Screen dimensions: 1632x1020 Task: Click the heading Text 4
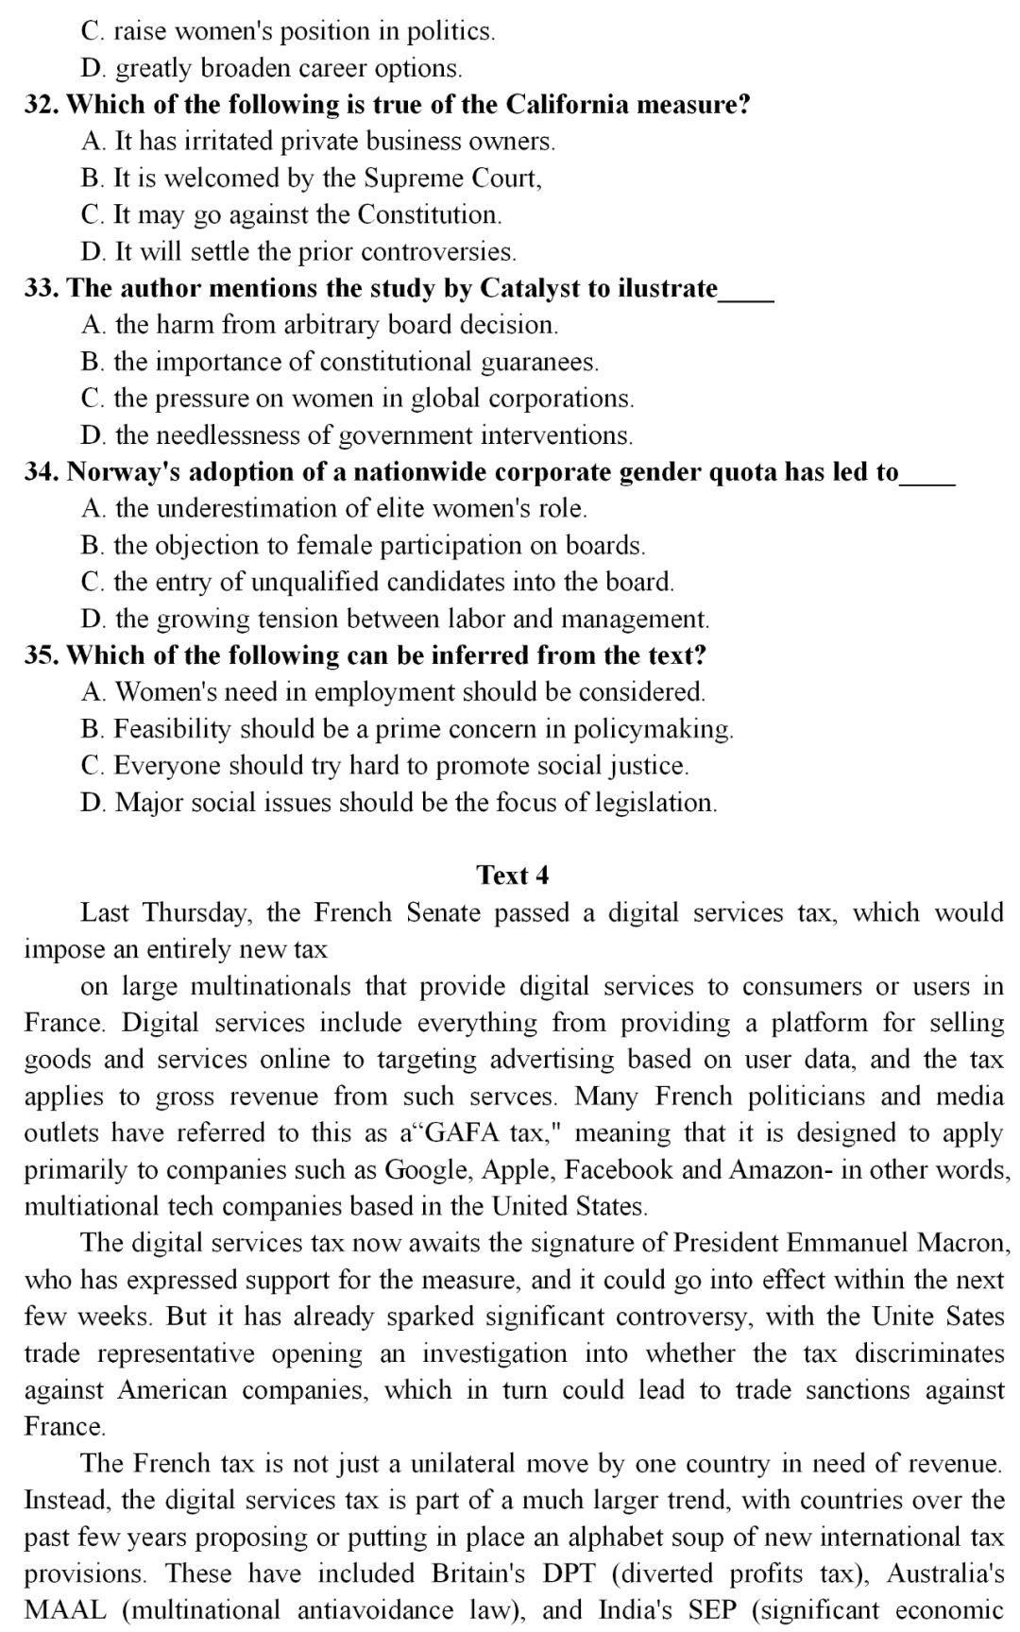point(512,875)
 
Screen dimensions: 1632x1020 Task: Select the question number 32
point(42,104)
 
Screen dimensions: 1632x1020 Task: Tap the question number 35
point(42,655)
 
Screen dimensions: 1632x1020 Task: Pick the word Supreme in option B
point(409,178)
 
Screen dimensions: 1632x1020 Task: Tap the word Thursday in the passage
point(195,913)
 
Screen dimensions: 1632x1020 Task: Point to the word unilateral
point(448,1464)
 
